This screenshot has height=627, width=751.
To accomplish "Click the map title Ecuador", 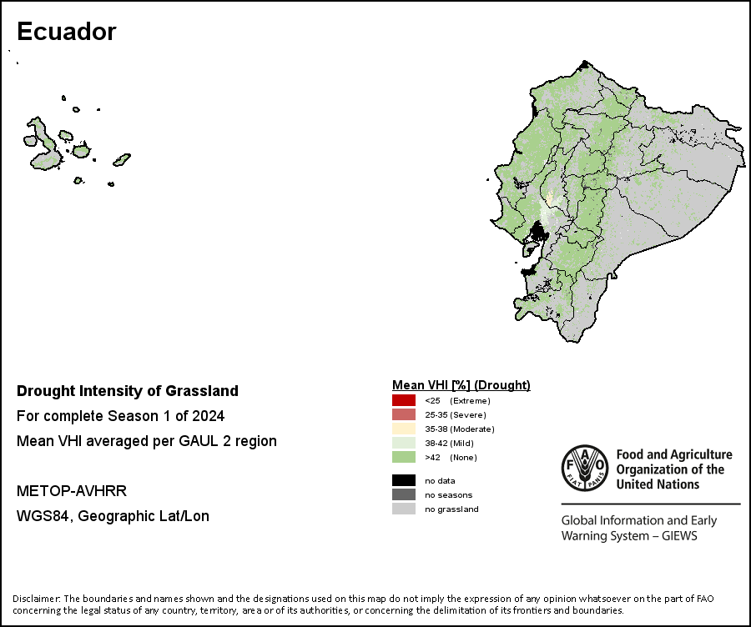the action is [x=67, y=32].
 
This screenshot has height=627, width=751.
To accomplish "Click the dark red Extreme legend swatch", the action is [x=404, y=400].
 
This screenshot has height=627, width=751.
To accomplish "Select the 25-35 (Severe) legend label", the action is [x=456, y=415].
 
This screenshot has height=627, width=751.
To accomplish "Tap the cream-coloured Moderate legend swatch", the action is [x=404, y=429].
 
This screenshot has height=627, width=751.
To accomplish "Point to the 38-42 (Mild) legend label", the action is [x=449, y=444].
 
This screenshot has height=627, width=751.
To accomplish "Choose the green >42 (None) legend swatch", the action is [x=404, y=457].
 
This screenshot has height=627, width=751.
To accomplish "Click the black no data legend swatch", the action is [x=404, y=480].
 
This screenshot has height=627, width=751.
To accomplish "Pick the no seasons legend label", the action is [x=448, y=495].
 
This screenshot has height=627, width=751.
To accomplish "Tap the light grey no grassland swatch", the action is [x=404, y=509].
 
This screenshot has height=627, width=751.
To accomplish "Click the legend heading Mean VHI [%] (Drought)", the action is [x=461, y=385].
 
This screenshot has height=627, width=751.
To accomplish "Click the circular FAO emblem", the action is [x=585, y=468].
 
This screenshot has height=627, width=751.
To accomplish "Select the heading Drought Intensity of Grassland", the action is [x=128, y=391].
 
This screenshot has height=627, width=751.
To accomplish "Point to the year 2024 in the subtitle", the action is [x=209, y=416].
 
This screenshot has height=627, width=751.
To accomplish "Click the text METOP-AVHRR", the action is [x=72, y=491].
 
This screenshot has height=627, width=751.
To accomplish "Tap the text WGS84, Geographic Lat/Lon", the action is [x=113, y=516].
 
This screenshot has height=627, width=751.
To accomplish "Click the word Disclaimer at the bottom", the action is [x=37, y=599].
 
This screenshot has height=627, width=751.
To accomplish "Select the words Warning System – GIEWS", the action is [x=629, y=535].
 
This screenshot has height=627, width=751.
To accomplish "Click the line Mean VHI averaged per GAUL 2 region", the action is [x=147, y=441].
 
